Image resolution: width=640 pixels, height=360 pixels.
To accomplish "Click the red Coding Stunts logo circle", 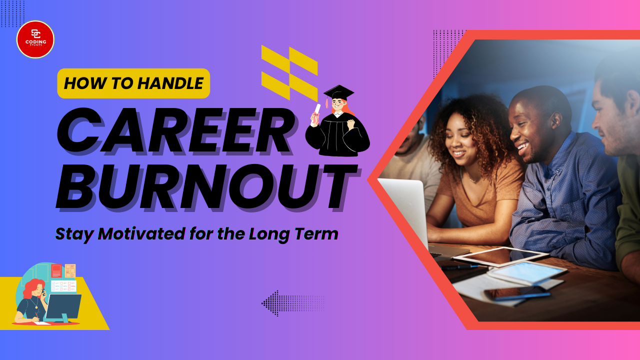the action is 35,39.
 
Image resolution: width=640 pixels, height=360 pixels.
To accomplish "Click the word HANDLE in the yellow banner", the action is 170,83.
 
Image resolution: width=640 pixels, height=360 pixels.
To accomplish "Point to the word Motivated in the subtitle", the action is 141,233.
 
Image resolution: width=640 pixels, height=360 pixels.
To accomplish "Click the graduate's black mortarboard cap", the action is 338,93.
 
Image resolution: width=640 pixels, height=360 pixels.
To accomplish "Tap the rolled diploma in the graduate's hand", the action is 315,114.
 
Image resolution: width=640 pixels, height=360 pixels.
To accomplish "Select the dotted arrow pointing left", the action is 293,303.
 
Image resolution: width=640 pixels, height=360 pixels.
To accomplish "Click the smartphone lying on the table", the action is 517,293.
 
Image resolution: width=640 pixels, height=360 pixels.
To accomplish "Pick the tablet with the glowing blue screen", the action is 527,272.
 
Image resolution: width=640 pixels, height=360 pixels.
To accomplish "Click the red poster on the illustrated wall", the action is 56,270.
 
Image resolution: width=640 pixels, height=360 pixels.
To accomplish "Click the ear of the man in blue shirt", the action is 555,120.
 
